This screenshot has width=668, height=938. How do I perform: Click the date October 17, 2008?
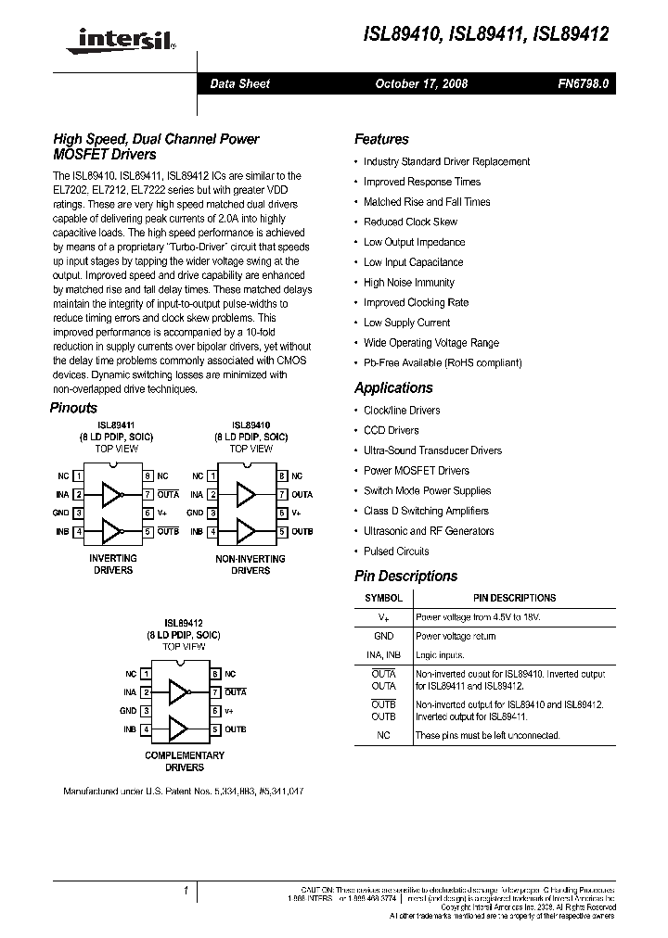pyautogui.click(x=421, y=83)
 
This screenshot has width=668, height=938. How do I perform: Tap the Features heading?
pyautogui.click(x=381, y=139)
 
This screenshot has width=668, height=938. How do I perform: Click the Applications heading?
pyautogui.click(x=393, y=388)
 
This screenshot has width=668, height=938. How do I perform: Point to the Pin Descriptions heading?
pyautogui.click(x=405, y=577)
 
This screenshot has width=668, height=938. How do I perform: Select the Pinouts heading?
pyautogui.click(x=72, y=408)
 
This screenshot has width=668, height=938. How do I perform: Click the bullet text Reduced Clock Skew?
pyautogui.click(x=410, y=222)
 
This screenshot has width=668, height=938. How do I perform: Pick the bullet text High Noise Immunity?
pyautogui.click(x=408, y=283)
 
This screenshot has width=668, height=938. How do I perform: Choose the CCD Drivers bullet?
pyautogui.click(x=391, y=430)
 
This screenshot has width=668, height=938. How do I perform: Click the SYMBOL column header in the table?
pyautogui.click(x=383, y=599)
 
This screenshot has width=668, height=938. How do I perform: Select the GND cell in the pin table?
pyautogui.click(x=383, y=636)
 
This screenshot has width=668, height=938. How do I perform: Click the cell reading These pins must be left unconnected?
pyautogui.click(x=487, y=735)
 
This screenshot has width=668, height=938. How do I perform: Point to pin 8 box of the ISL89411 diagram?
pyautogui.click(x=147, y=475)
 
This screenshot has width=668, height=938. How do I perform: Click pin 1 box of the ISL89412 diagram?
pyautogui.click(x=145, y=674)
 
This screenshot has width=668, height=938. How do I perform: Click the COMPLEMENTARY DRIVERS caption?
pyautogui.click(x=185, y=761)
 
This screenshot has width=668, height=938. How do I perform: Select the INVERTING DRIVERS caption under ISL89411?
pyautogui.click(x=113, y=564)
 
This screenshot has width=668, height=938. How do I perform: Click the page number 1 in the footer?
pyautogui.click(x=186, y=891)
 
